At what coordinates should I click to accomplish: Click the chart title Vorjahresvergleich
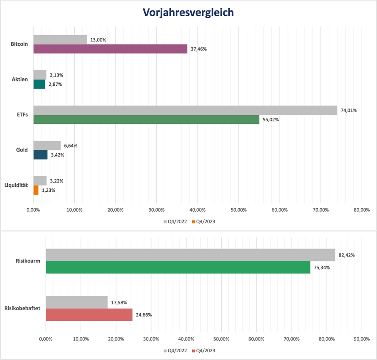188,12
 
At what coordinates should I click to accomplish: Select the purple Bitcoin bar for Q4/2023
110,49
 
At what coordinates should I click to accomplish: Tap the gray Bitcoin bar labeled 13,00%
60,39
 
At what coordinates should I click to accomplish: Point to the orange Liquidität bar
36,190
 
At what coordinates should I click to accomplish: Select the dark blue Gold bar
40,155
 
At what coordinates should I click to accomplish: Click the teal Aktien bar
39,84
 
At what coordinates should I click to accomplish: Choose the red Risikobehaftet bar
89,315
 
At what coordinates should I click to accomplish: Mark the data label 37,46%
199,49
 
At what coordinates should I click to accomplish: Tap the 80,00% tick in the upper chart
361,210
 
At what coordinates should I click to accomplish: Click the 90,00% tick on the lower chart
361,339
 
